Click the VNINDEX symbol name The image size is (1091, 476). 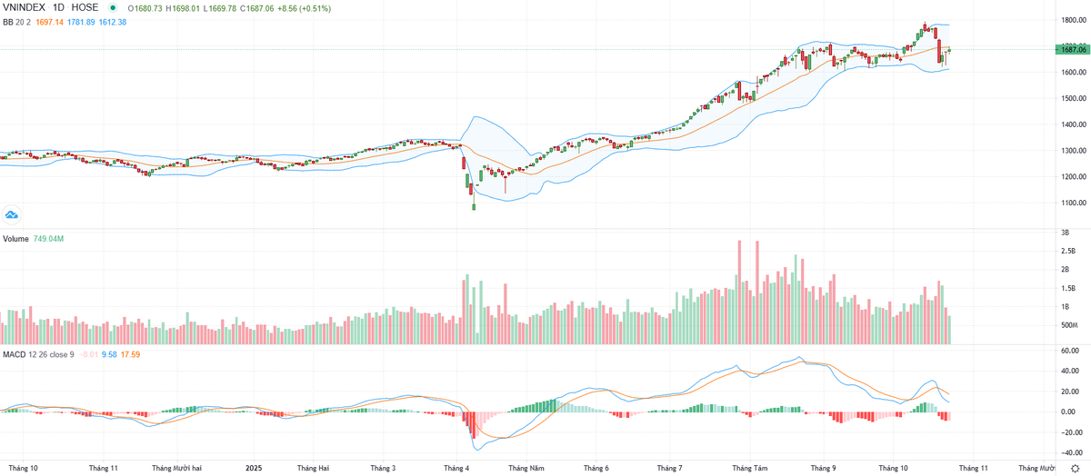pos(25,7)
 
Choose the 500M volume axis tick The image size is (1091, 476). pos(1068,325)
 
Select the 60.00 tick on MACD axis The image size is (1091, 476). pos(1067,351)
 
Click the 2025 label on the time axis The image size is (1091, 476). pos(254,469)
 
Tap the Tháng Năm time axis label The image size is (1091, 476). pos(525,469)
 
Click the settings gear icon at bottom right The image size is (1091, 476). pos(1075,469)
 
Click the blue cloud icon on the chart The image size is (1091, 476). pos(12,214)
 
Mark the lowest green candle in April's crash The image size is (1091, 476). pos(474,206)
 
